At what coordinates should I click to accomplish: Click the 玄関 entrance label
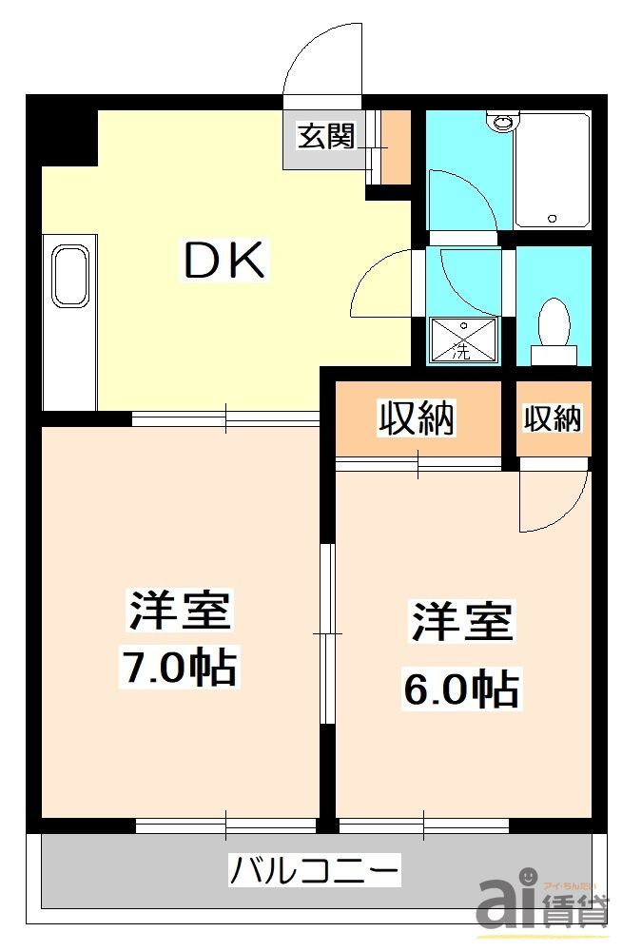pyautogui.click(x=325, y=137)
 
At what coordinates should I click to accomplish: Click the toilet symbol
pyautogui.click(x=553, y=328)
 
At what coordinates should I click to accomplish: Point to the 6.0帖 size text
pyautogui.click(x=460, y=687)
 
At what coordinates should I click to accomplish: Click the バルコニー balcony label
pyautogui.click(x=314, y=869)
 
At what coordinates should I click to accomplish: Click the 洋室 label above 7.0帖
pyautogui.click(x=180, y=611)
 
